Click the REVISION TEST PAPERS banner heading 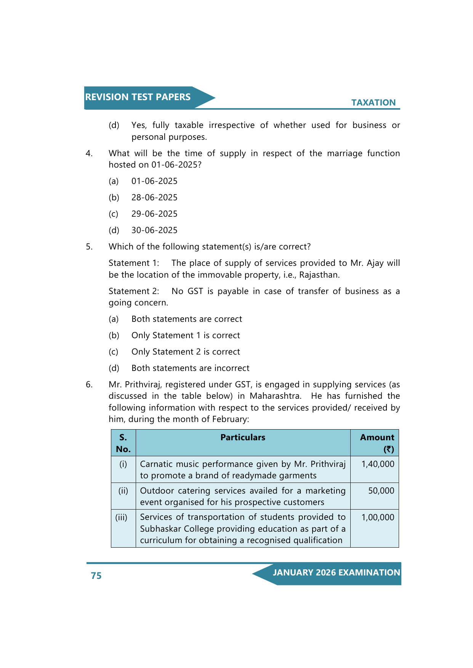pos(138,97)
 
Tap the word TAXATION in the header pos(373,102)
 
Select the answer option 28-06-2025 pos(154,197)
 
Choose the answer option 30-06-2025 pos(154,230)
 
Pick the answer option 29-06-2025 pos(154,214)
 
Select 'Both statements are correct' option pos(187,319)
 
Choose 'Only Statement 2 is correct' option pos(186,352)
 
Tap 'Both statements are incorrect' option pos(190,368)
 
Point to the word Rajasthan pos(319,275)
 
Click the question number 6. pos(89,384)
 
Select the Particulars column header pos(243,437)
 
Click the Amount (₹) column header pos(377,443)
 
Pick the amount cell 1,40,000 pos(378,464)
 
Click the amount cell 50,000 pos(381,491)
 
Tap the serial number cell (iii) pos(121,517)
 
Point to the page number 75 pos(96,575)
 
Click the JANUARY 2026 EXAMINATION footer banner pos(336,572)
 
